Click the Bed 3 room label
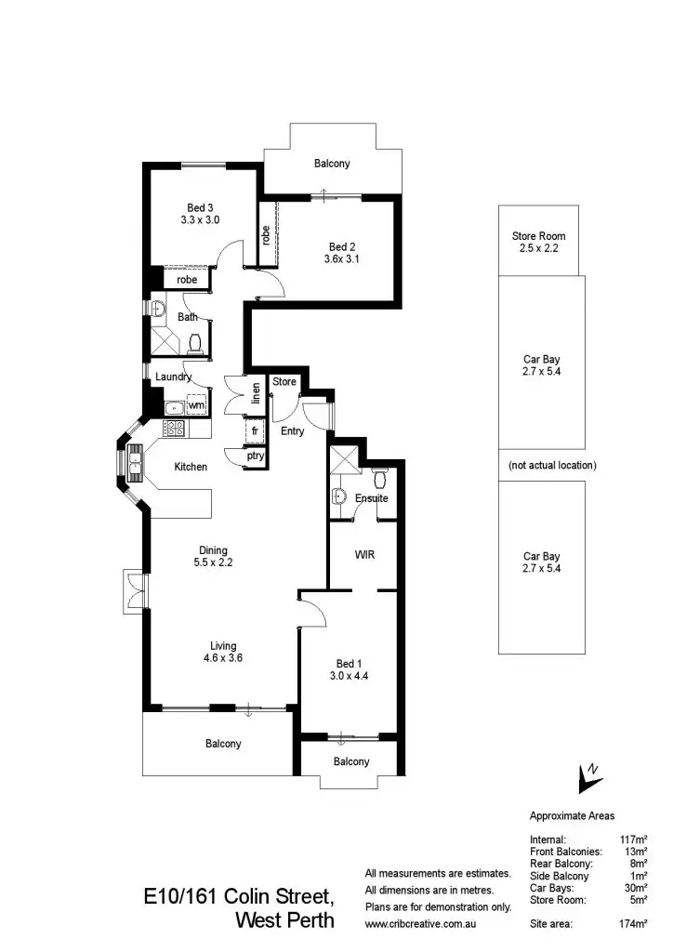point(201,207)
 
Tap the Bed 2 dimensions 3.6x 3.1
point(342,259)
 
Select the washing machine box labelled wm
point(196,405)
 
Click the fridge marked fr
point(254,432)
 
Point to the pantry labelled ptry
point(254,456)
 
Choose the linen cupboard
point(254,394)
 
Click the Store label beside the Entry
point(284,381)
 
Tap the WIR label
point(365,554)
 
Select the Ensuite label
point(371,498)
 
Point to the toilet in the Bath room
point(195,346)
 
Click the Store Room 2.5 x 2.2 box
point(538,241)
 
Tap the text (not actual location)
point(552,465)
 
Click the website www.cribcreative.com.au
point(420,924)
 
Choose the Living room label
point(223,645)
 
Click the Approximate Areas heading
point(572,815)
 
